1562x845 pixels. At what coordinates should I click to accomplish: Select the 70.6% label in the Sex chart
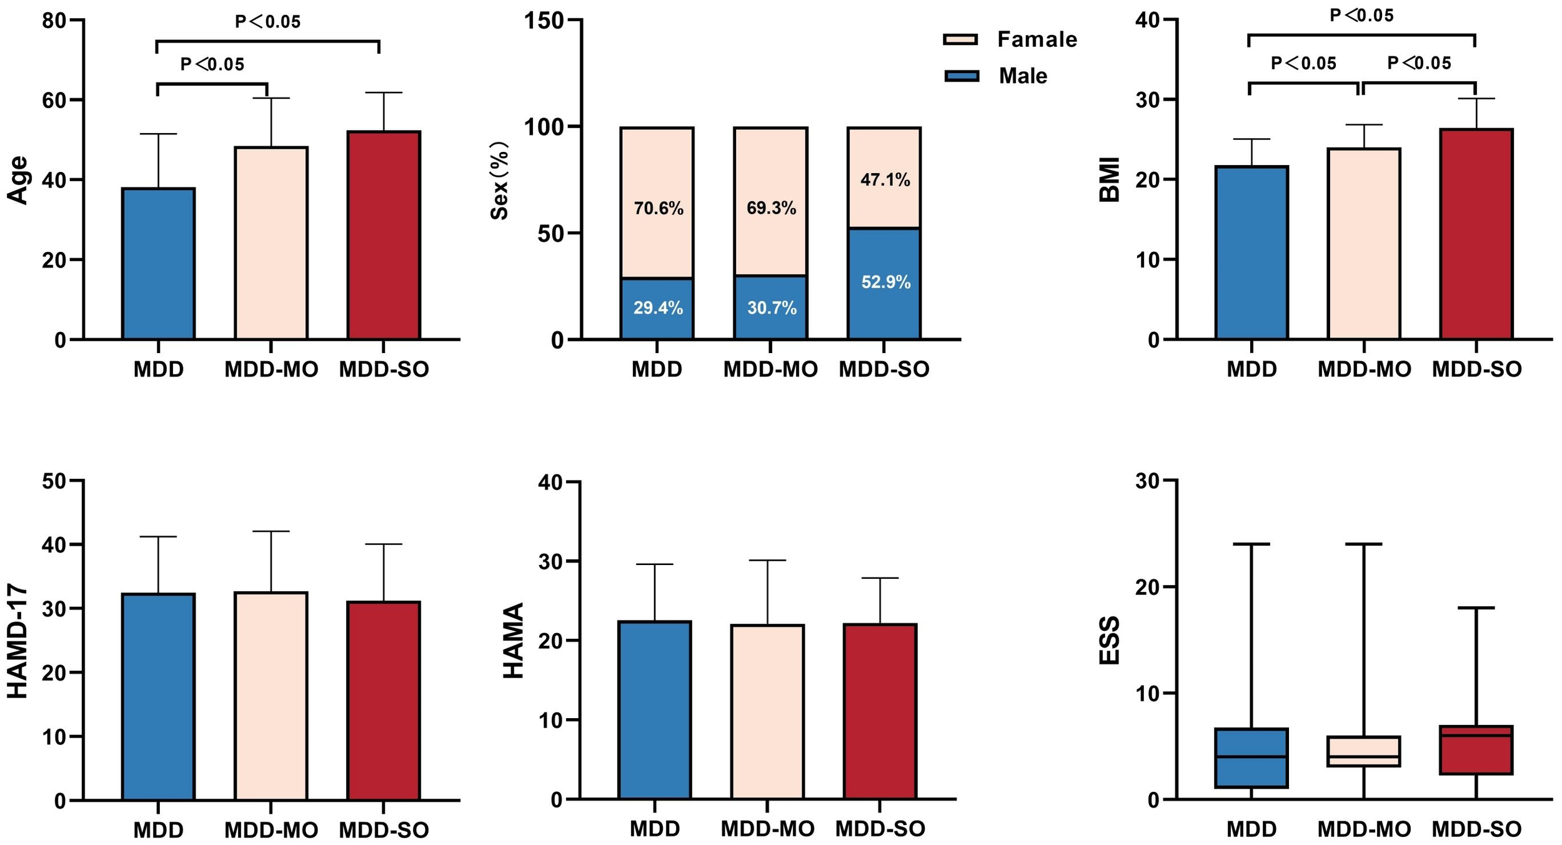coord(658,209)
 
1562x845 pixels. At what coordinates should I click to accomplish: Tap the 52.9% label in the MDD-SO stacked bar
coord(885,282)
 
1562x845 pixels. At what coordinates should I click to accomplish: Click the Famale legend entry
coord(1037,39)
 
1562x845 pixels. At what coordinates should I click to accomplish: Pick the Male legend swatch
coord(962,76)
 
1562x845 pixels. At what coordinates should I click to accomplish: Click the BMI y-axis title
coord(1109,179)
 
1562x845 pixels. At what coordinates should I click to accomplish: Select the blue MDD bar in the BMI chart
coord(1251,253)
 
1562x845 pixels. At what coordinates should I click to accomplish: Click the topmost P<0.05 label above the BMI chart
coord(1361,15)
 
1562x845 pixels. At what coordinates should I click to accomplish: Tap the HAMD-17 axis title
coord(17,641)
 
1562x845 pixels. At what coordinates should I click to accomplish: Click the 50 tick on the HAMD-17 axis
coord(54,481)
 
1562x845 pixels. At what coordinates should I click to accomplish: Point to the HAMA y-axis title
coord(513,641)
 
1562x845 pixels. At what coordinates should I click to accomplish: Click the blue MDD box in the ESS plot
coord(1251,758)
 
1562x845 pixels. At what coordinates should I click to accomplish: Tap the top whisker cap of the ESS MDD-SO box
coord(1476,607)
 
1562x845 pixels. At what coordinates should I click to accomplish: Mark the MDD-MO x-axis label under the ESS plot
coord(1364,829)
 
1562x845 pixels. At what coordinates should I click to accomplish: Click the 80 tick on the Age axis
coord(54,21)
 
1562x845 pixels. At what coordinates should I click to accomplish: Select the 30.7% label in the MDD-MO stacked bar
coord(771,308)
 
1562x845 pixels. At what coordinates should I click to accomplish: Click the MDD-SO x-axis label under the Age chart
coord(384,369)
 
